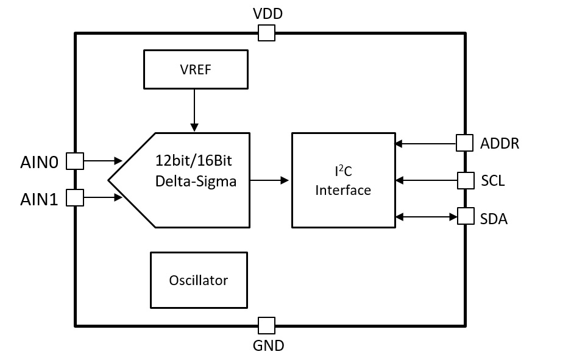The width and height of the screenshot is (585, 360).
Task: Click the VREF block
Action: tap(196, 69)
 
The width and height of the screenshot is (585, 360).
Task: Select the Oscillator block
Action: tap(199, 280)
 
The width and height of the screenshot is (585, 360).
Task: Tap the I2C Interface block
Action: tap(343, 180)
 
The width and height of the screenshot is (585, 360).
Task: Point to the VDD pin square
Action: tap(266, 33)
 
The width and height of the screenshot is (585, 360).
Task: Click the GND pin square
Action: tap(266, 325)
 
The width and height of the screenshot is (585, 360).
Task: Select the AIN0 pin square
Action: tap(74, 161)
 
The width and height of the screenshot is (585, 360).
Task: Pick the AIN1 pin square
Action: tap(74, 197)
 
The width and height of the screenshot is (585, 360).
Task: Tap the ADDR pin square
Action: tap(465, 143)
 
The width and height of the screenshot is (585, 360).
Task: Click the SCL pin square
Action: tap(466, 180)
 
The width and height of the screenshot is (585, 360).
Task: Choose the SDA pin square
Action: tap(466, 216)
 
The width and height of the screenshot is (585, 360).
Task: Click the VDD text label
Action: tap(268, 13)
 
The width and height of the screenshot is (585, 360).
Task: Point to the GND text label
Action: tap(268, 346)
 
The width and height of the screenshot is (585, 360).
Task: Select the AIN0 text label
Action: tap(39, 162)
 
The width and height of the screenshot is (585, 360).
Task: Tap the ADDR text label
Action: tap(500, 144)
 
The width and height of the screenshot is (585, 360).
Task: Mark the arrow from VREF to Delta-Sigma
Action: tap(194, 110)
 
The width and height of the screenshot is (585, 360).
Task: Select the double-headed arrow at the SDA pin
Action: tap(426, 216)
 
